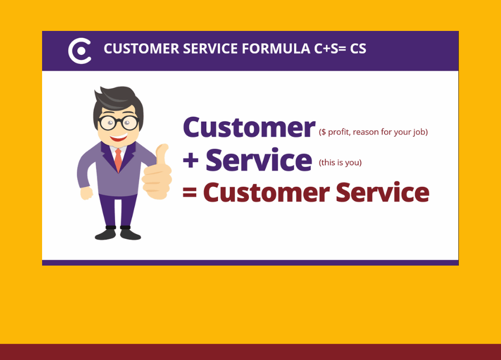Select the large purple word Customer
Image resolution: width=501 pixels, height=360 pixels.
pyautogui.click(x=249, y=127)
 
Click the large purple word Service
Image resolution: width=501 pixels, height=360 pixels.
pyautogui.click(x=259, y=160)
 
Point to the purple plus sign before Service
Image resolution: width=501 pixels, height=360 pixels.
pyautogui.click(x=191, y=160)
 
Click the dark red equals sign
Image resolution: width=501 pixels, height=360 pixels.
pyautogui.click(x=189, y=192)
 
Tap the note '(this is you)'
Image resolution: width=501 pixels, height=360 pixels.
pyautogui.click(x=340, y=163)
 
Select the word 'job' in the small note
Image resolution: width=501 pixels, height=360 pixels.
pyautogui.click(x=419, y=132)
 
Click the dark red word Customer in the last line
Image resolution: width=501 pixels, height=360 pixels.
pyautogui.click(x=266, y=193)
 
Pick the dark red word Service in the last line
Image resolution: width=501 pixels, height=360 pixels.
pyautogui.click(x=383, y=192)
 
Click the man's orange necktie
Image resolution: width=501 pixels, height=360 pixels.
pyautogui.click(x=118, y=160)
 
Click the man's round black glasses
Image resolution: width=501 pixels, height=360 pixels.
pyautogui.click(x=118, y=123)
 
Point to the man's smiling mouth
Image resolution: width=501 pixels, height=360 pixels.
pyautogui.click(x=118, y=138)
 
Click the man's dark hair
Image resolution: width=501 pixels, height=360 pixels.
pyautogui.click(x=118, y=102)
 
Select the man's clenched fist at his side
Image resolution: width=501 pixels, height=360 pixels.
pyautogui.click(x=86, y=193)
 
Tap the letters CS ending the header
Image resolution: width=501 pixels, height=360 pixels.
pyautogui.click(x=358, y=49)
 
